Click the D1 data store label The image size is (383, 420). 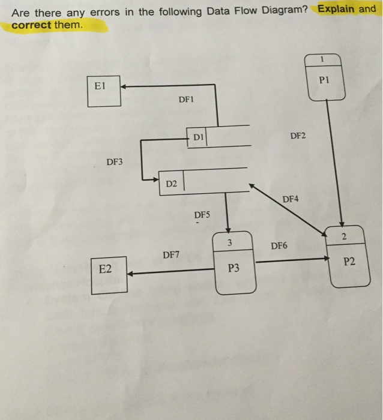coord(198,137)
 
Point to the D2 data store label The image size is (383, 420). coord(171,183)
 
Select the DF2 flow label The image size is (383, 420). coord(297,136)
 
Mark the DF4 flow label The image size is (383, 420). coord(290,198)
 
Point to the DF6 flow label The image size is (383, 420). coord(279,245)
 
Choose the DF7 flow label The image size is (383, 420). coord(171,254)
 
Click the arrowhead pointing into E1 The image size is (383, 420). coord(124,86)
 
